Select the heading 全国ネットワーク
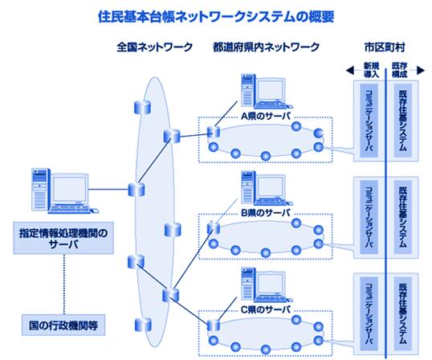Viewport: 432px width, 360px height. [x=154, y=47]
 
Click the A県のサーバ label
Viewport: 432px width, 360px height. [x=266, y=116]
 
